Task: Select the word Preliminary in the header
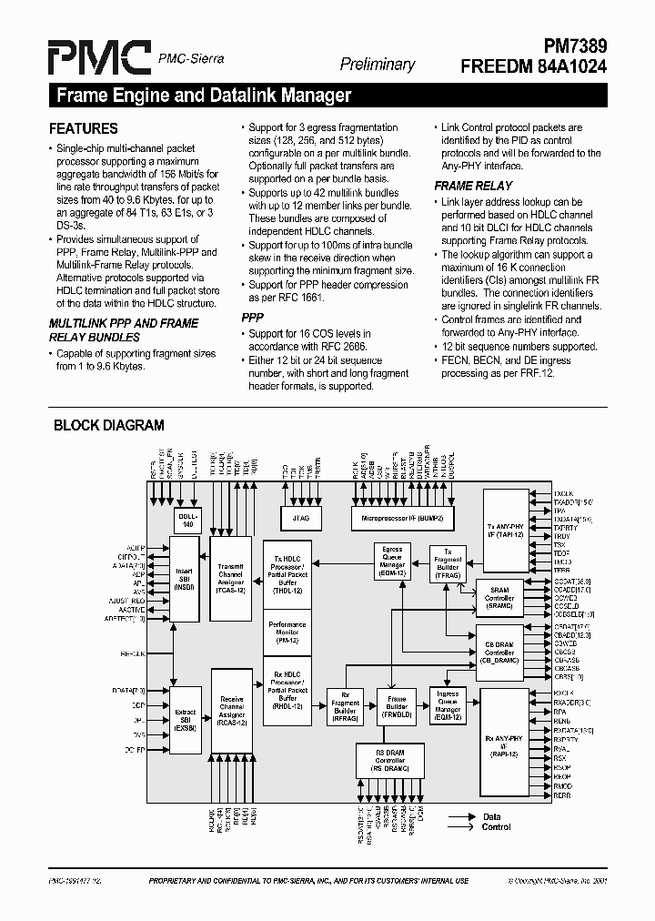point(377,65)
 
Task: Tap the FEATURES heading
point(83,129)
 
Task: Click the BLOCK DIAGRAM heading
point(109,425)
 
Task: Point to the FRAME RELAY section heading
point(473,186)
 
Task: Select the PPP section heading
point(252,319)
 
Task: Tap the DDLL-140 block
point(187,520)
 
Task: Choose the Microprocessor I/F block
point(402,518)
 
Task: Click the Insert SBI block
point(185,579)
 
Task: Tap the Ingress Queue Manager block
point(448,703)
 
